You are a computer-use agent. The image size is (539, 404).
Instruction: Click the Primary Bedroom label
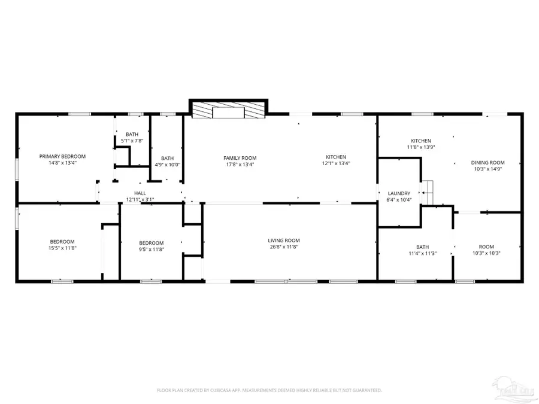(x=58, y=156)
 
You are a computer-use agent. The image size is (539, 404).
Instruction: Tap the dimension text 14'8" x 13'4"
(x=58, y=163)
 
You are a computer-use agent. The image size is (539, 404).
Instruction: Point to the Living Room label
(x=283, y=240)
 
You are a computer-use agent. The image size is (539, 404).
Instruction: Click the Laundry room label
(x=399, y=193)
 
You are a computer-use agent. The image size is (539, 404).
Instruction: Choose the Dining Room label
(x=487, y=162)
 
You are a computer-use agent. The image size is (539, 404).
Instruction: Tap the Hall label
(x=140, y=193)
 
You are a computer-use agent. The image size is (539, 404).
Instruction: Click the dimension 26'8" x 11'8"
(x=283, y=247)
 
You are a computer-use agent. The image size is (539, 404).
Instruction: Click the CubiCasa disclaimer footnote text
(x=269, y=390)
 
